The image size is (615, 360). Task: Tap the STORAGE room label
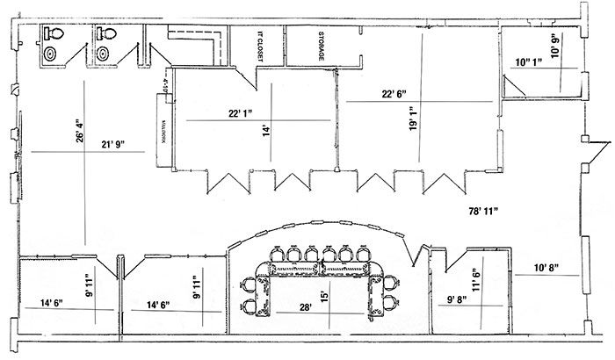[x=322, y=45]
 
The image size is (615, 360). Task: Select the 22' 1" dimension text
[x=247, y=113]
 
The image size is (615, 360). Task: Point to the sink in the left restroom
[x=51, y=54]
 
